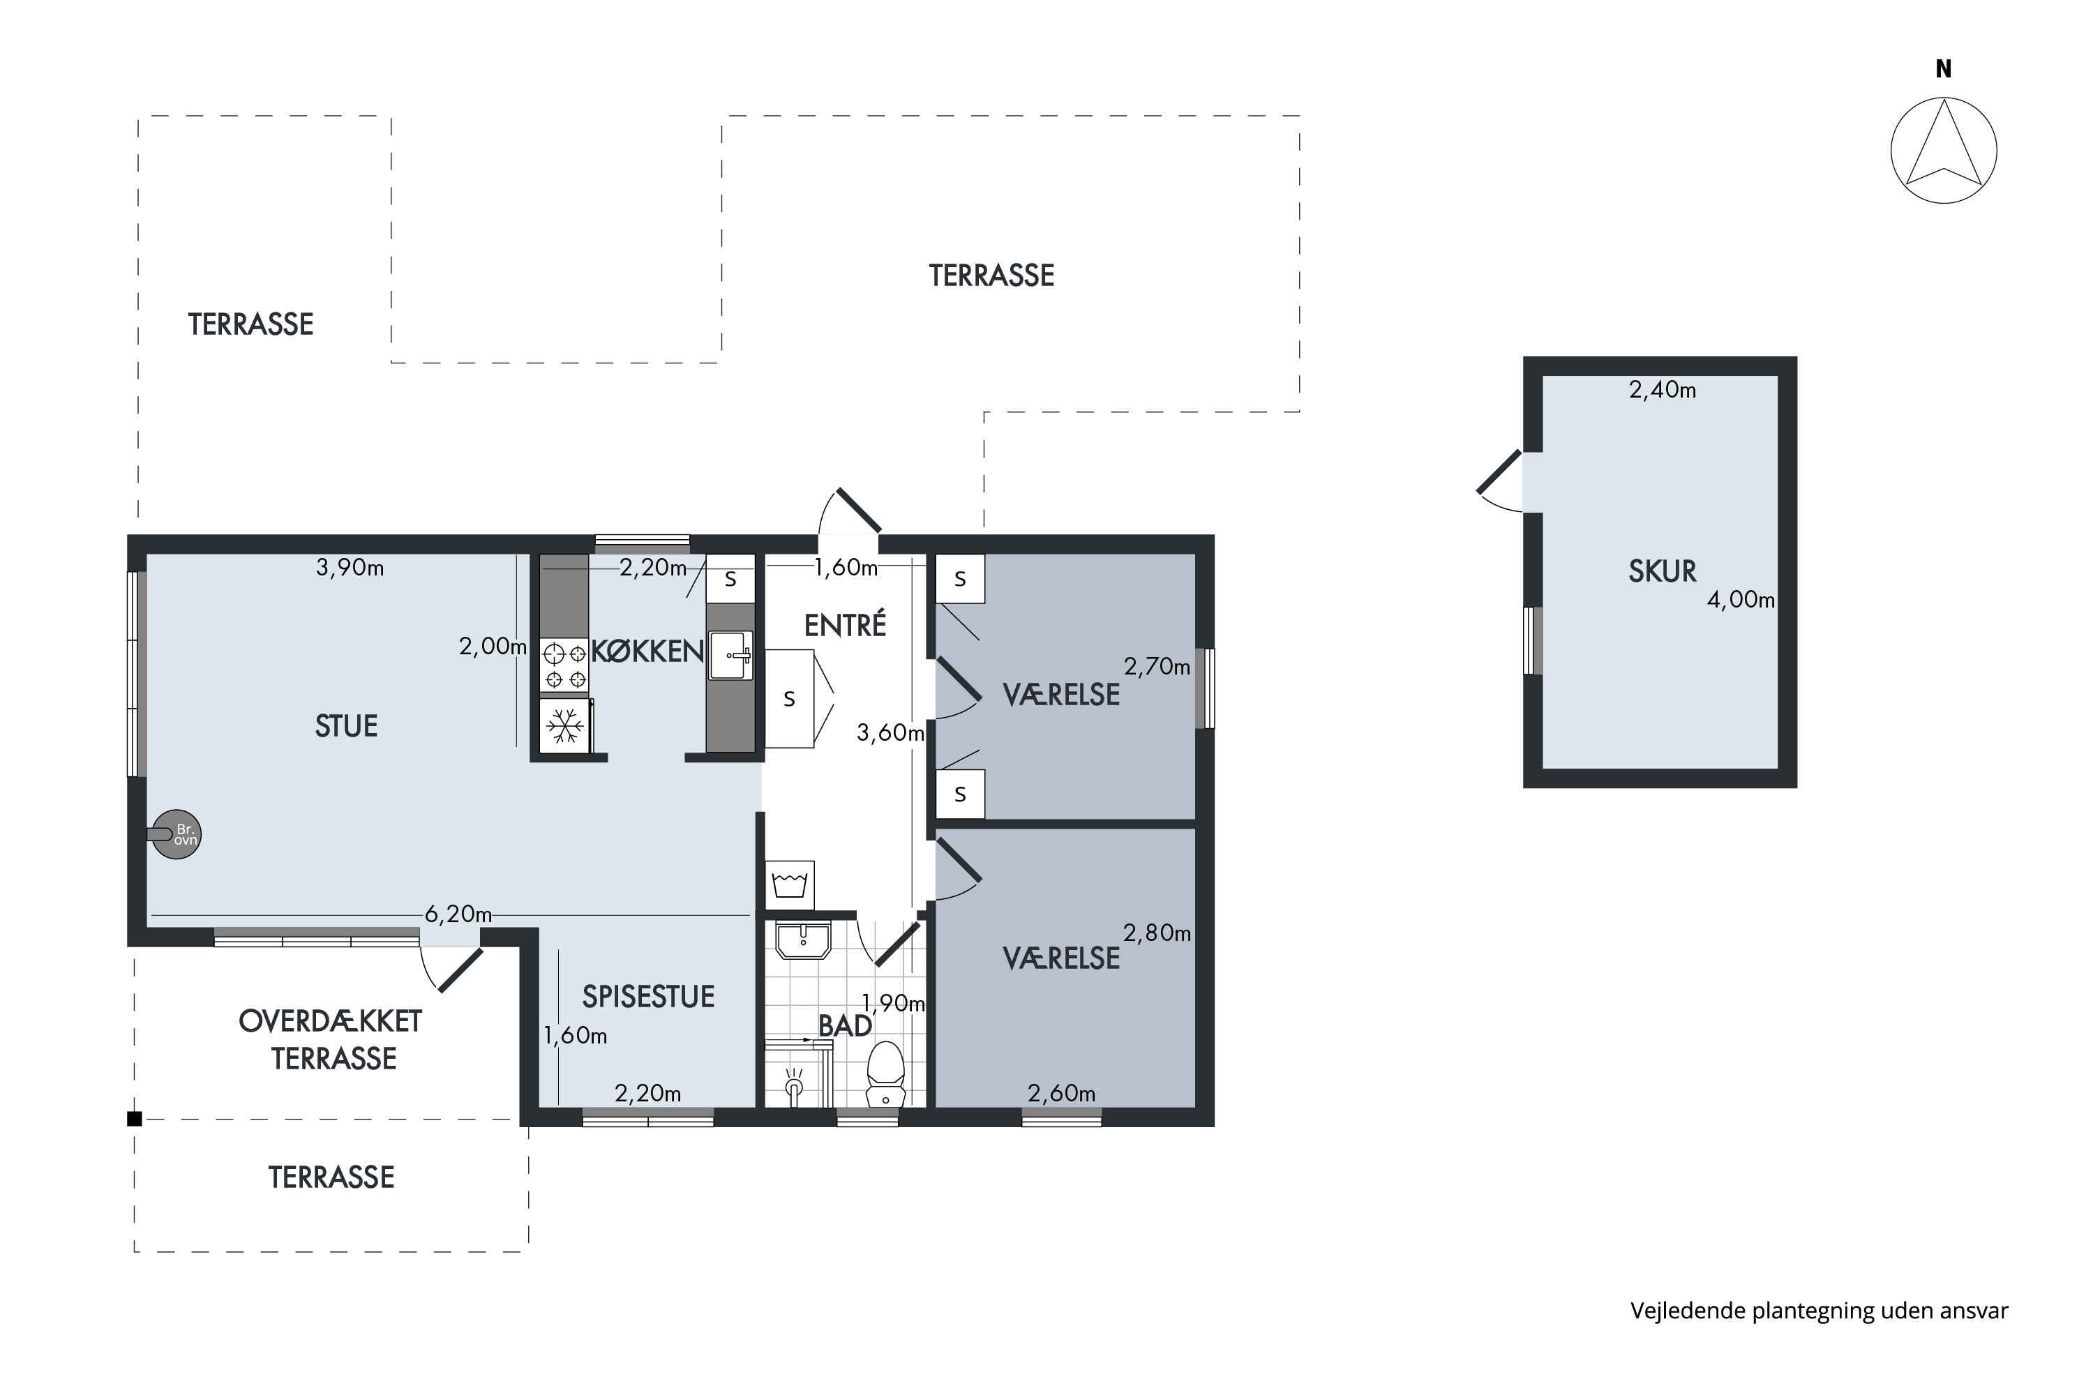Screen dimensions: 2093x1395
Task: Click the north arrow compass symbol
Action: [x=1944, y=151]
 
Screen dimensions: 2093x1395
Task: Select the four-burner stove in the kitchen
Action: [x=565, y=666]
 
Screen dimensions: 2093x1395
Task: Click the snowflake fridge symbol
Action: [x=565, y=726]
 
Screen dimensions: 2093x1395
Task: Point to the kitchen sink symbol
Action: [x=730, y=656]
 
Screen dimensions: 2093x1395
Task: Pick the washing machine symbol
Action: [x=790, y=884]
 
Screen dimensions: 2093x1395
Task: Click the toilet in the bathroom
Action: [x=885, y=1075]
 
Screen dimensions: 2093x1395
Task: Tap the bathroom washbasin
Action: [x=803, y=940]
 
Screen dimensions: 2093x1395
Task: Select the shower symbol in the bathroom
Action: [x=795, y=1085]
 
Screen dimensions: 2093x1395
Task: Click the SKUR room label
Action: [x=1663, y=571]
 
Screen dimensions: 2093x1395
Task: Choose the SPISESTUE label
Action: [x=648, y=997]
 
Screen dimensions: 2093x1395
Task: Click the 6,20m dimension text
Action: [x=458, y=914]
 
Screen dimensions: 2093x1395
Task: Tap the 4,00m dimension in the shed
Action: [x=1741, y=600]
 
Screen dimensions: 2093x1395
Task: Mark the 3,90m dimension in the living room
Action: [x=350, y=568]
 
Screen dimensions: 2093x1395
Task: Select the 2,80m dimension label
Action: [x=1157, y=933]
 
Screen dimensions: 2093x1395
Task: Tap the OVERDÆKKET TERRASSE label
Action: [x=331, y=1039]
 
